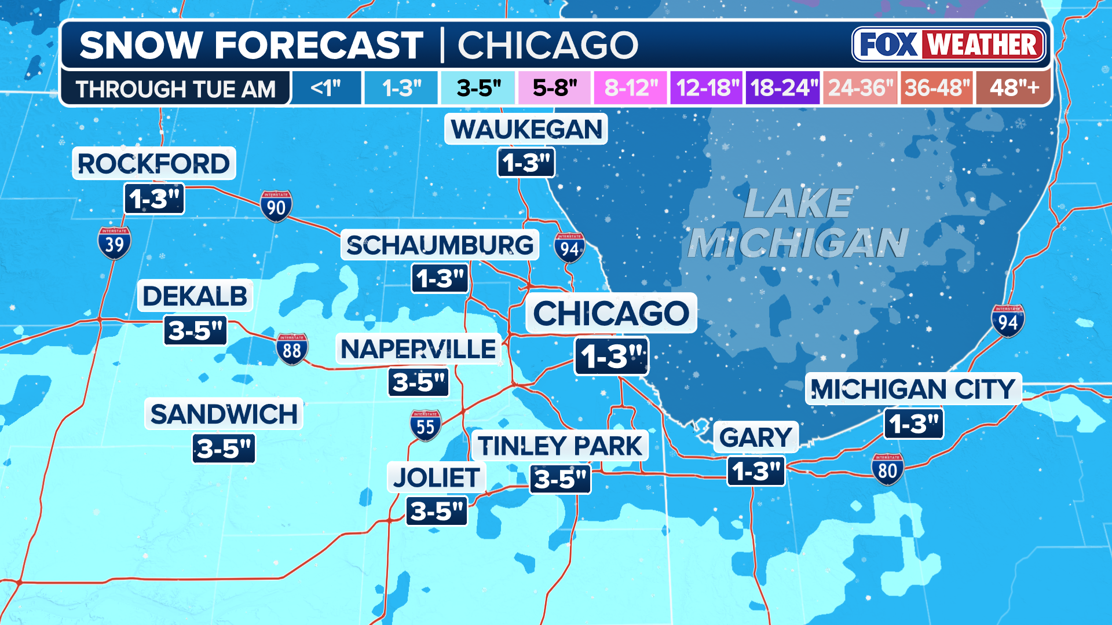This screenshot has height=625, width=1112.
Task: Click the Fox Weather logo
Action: tap(949, 45)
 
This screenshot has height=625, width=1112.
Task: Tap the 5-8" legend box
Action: tap(555, 88)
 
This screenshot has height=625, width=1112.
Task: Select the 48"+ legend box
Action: tap(1014, 88)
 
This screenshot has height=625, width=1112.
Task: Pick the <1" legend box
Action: tap(326, 88)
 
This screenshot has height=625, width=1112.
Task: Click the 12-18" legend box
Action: tap(707, 88)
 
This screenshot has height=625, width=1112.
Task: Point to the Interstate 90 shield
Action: tap(276, 206)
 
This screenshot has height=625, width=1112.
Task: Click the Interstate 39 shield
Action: tap(114, 242)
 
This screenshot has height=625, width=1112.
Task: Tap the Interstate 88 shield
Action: tap(292, 349)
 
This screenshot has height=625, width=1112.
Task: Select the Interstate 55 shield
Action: tap(426, 425)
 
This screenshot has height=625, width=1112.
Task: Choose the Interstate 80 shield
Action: tap(887, 469)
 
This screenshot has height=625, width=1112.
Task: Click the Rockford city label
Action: tap(154, 164)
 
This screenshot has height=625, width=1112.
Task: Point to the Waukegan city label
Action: tap(526, 129)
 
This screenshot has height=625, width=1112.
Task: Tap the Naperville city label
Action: tap(418, 349)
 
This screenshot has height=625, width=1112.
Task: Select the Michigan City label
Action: tap(913, 389)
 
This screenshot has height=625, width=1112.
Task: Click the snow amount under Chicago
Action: tap(612, 356)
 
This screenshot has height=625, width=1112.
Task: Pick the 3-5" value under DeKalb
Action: tap(195, 330)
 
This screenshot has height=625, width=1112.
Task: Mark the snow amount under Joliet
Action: tap(437, 511)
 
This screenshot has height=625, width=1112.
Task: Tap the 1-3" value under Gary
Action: tap(756, 471)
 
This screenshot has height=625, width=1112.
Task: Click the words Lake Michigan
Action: tap(798, 223)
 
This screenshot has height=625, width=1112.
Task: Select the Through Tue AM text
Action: tap(175, 89)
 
